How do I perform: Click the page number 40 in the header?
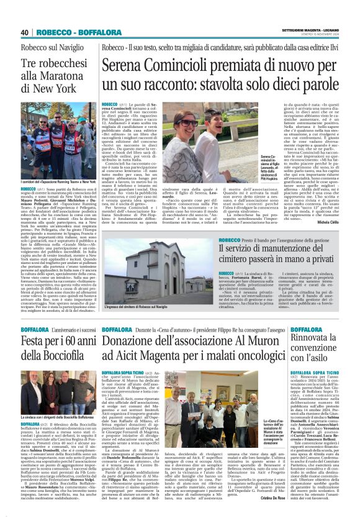coord(24,32)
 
